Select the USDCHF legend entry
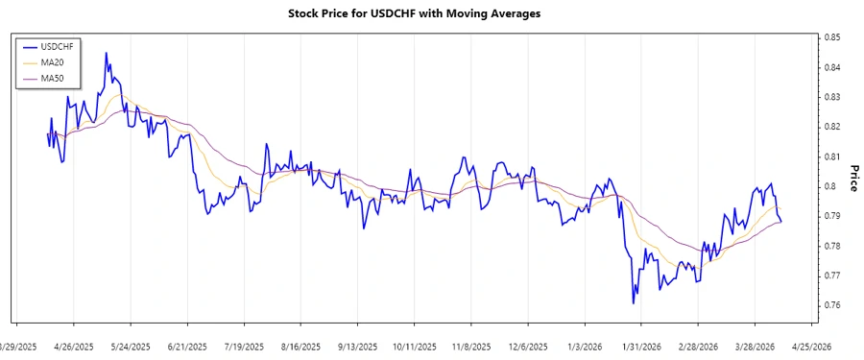55,45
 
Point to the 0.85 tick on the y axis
831,37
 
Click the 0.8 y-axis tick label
828,186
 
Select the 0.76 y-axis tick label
831,305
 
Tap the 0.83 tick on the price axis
831,97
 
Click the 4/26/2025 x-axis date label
73,347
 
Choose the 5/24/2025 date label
131,347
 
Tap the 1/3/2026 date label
585,347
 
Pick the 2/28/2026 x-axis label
698,347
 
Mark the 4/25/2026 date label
811,347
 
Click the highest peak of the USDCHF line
106,53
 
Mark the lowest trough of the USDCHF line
634,303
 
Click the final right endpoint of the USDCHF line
781,223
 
